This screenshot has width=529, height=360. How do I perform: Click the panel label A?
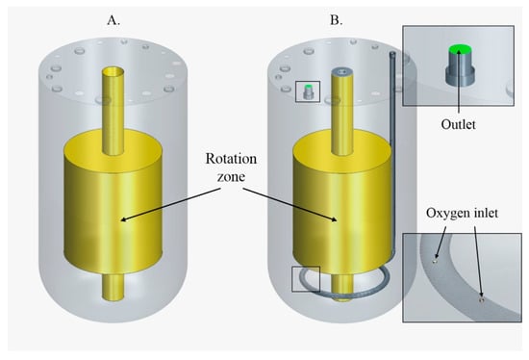point(113,20)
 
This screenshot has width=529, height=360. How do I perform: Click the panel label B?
point(336,20)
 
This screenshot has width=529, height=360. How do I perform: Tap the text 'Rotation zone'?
point(231,167)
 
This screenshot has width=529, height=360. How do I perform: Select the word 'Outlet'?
point(458,124)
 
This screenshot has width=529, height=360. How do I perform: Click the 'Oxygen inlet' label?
point(462,213)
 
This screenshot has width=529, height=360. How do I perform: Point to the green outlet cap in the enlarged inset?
point(460,49)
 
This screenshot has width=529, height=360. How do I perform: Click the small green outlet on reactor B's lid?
point(308,87)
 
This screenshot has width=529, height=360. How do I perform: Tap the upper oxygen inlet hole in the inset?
point(435,261)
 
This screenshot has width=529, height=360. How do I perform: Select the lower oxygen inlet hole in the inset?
point(482,299)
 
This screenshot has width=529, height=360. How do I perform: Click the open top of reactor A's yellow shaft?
point(113,71)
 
